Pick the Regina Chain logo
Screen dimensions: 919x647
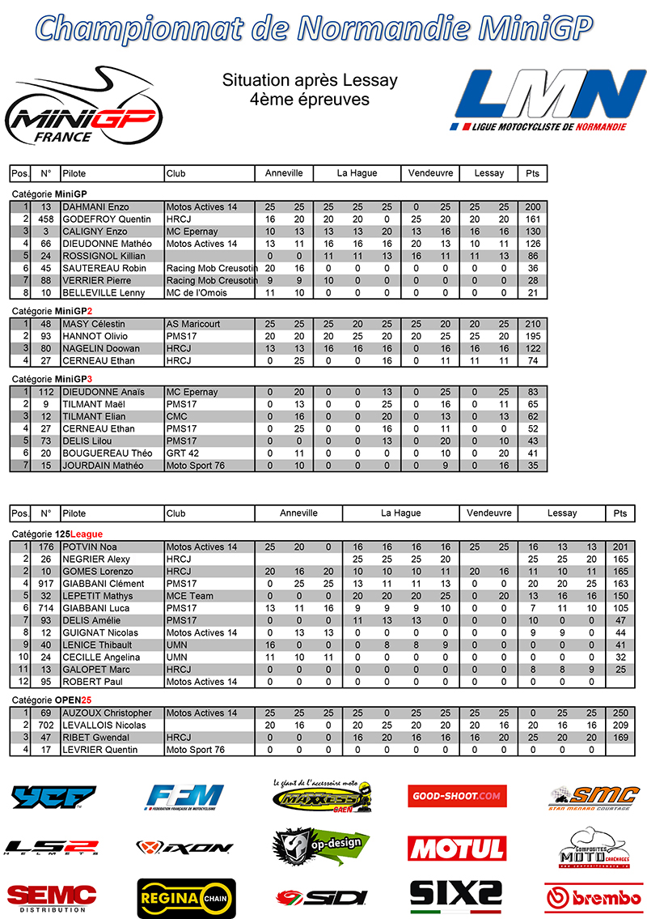[x=186, y=896]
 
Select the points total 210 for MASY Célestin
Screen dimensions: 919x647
[x=531, y=324]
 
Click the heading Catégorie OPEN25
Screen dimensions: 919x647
[x=52, y=700]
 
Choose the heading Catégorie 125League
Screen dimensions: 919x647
[x=57, y=534]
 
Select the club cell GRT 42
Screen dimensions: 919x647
[x=183, y=453]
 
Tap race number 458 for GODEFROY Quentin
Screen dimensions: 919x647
[x=45, y=219]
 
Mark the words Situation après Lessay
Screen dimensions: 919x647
[x=310, y=80]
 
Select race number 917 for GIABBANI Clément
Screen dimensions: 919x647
[x=45, y=584]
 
